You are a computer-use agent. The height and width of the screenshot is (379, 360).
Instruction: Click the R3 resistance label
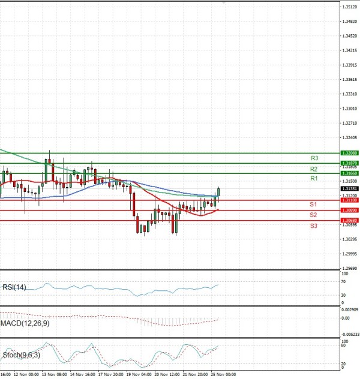click(x=314, y=158)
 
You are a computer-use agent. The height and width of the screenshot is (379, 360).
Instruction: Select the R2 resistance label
click(x=314, y=169)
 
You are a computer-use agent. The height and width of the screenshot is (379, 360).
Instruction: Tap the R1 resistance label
click(x=314, y=179)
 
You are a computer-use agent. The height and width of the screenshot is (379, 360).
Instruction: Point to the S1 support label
click(x=313, y=205)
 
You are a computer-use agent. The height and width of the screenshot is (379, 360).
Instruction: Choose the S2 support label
click(x=313, y=215)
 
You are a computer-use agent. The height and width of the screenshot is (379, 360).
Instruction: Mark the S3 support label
click(x=313, y=225)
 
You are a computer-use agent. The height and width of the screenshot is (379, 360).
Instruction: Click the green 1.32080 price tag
click(x=349, y=154)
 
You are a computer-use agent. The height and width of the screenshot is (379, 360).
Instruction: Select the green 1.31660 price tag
click(x=349, y=173)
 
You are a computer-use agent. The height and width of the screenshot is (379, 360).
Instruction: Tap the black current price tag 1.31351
click(x=349, y=188)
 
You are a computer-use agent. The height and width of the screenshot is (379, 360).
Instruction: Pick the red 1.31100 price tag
click(x=349, y=200)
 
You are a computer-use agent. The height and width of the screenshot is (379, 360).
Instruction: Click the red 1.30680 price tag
click(x=349, y=221)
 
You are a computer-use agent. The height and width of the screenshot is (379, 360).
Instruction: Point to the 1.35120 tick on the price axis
click(x=349, y=7)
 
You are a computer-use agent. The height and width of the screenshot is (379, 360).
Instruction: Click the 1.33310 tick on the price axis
click(x=349, y=94)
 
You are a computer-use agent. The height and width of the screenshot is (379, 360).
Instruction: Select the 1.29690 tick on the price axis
click(x=349, y=269)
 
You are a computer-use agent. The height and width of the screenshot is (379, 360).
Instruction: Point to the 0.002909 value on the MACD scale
click(x=349, y=310)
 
